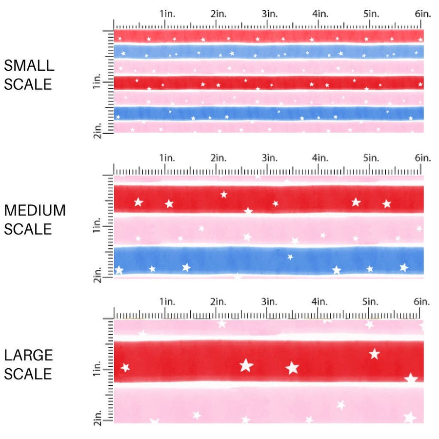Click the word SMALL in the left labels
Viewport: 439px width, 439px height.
29,65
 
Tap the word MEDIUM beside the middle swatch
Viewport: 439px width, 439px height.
35,210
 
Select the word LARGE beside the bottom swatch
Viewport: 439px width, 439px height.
28,355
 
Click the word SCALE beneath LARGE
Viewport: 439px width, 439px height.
28,374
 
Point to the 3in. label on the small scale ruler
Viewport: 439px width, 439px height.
269,14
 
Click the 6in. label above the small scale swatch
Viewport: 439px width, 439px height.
423,14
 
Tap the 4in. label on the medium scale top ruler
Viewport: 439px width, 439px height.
320,158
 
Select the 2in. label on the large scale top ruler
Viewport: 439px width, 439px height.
218,301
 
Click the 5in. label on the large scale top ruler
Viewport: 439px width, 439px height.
371,301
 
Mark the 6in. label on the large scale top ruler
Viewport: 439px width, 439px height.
422,301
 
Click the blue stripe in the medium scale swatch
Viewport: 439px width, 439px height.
268,260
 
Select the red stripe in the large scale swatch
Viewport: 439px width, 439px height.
268,361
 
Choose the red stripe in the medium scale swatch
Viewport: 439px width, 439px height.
268,199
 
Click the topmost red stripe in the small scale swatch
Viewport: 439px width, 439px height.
268,36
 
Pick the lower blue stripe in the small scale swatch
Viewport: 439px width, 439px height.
268,113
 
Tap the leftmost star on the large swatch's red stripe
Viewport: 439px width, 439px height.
125,367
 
